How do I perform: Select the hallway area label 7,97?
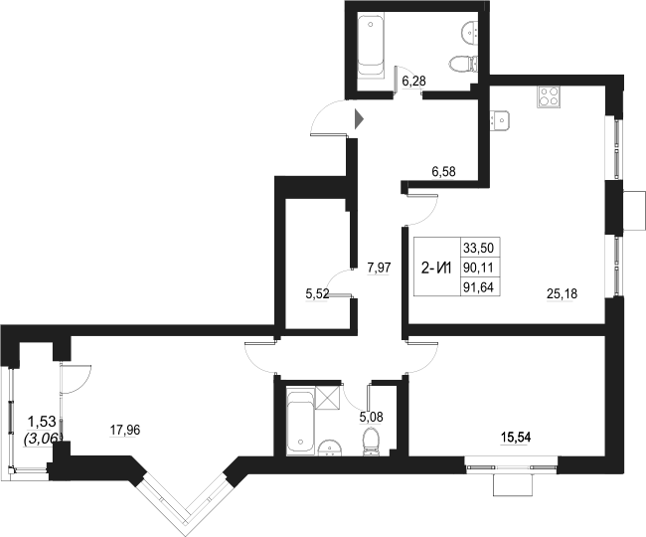point(380,267)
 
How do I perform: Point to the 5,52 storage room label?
point(317,293)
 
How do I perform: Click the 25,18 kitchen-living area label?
point(563,292)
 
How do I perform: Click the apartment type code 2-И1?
point(437,267)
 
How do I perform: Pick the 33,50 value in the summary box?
point(478,249)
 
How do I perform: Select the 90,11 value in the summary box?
point(478,268)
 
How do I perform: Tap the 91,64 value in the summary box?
point(478,287)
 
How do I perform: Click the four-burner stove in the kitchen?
point(550,96)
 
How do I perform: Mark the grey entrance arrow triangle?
point(360,121)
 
